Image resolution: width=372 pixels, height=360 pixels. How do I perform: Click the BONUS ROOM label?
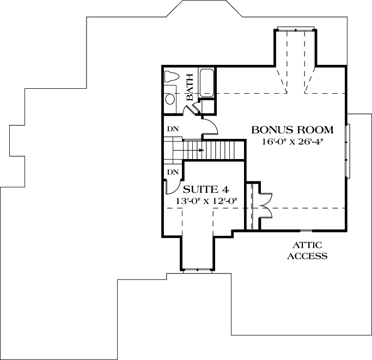click(292, 130)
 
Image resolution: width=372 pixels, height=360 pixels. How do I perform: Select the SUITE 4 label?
click(205, 190)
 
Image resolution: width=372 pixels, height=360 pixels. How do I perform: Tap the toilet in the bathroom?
click(170, 77)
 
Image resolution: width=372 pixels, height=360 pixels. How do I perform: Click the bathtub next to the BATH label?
click(207, 83)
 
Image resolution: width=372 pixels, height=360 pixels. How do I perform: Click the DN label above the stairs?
click(172, 129)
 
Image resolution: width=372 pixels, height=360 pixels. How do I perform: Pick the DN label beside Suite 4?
click(172, 172)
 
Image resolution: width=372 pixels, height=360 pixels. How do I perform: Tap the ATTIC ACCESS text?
click(308, 251)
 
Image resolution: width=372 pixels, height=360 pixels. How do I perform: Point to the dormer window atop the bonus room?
click(296, 28)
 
